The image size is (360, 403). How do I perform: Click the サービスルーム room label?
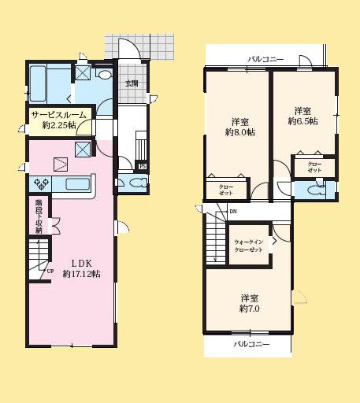click(58, 114)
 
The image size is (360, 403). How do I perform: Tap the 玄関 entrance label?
click(131, 83)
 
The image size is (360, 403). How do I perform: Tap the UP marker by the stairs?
click(50, 271)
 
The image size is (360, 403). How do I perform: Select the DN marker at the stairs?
click(233, 212)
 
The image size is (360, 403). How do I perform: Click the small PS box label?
click(142, 166)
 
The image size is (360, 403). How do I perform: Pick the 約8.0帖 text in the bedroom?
click(241, 132)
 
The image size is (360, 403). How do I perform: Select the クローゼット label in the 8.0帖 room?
click(225, 189)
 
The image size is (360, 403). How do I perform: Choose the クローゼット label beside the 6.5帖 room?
click(314, 168)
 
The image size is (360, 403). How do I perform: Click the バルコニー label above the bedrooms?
click(266, 59)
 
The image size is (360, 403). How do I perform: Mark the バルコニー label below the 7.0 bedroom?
click(251, 345)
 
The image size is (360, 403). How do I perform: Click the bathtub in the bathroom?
click(48, 79)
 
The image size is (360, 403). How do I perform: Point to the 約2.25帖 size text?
click(58, 124)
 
